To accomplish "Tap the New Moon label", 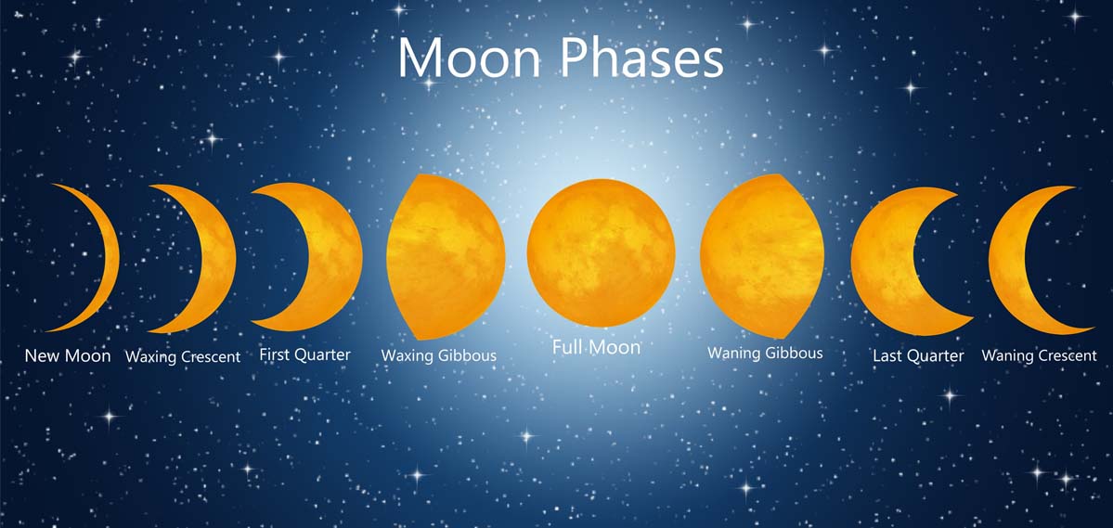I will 68,355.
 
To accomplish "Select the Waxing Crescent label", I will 183,356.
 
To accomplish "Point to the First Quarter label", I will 304,354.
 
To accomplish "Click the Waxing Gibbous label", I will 438,355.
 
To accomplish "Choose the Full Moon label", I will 596,347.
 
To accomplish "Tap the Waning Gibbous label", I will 765,353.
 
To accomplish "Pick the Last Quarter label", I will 918,355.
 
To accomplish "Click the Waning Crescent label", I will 1039,355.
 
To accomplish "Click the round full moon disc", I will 601,253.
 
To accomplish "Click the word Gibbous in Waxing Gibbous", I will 466,355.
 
